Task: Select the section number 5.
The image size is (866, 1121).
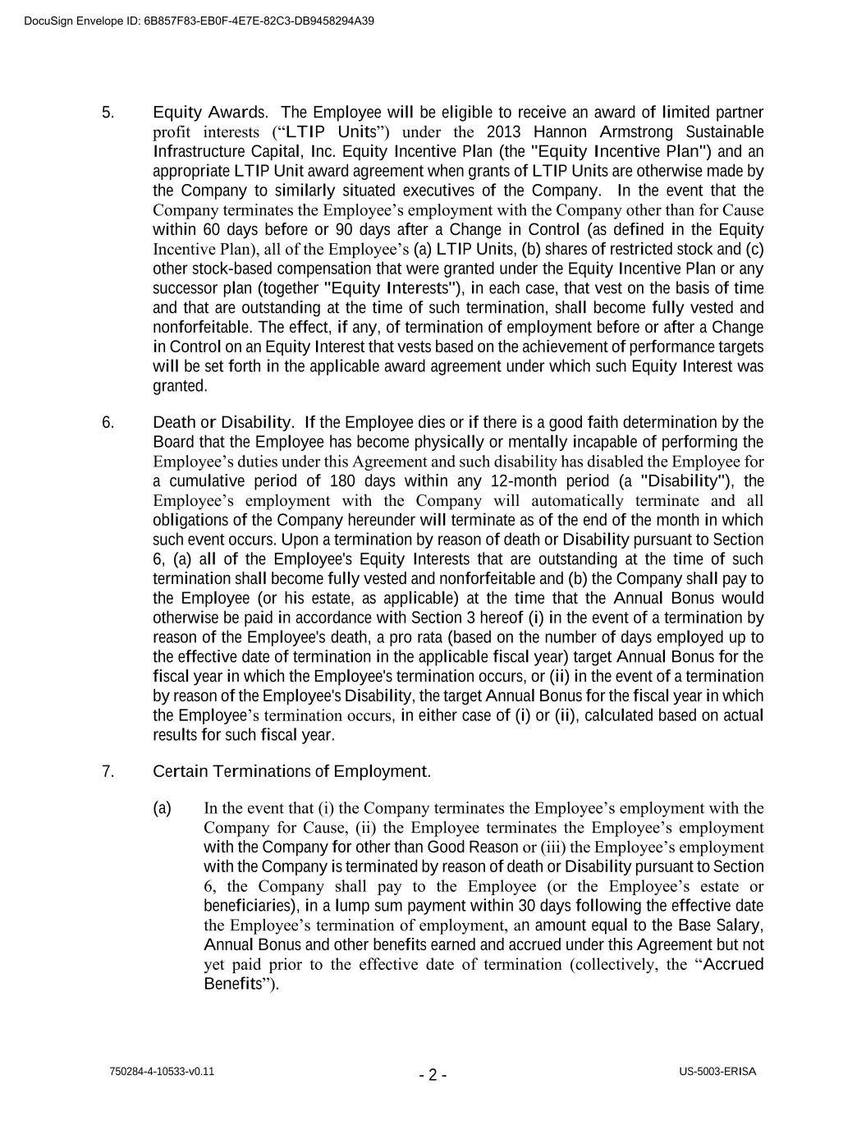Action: coord(108,113)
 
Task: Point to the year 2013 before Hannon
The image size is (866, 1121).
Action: coord(504,132)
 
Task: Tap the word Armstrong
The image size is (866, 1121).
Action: coord(637,132)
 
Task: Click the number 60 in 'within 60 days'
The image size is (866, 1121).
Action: coord(211,230)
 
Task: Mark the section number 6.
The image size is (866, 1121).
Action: coord(108,423)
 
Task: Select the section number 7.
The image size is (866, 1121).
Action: coord(108,772)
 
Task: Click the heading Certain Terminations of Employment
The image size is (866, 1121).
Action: coord(291,772)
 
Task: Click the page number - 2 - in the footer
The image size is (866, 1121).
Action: coord(433,1075)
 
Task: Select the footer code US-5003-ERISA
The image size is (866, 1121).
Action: coord(717,1072)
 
